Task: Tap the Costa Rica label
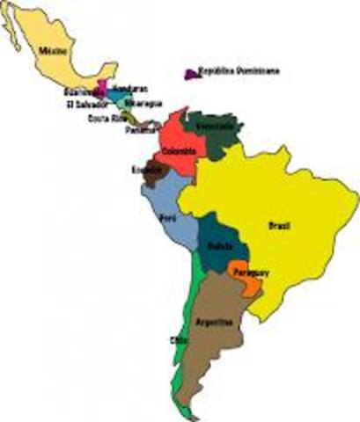pyautogui.click(x=105, y=119)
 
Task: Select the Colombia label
pyautogui.click(x=179, y=151)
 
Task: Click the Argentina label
pyautogui.click(x=215, y=321)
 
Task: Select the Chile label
pyautogui.click(x=179, y=339)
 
